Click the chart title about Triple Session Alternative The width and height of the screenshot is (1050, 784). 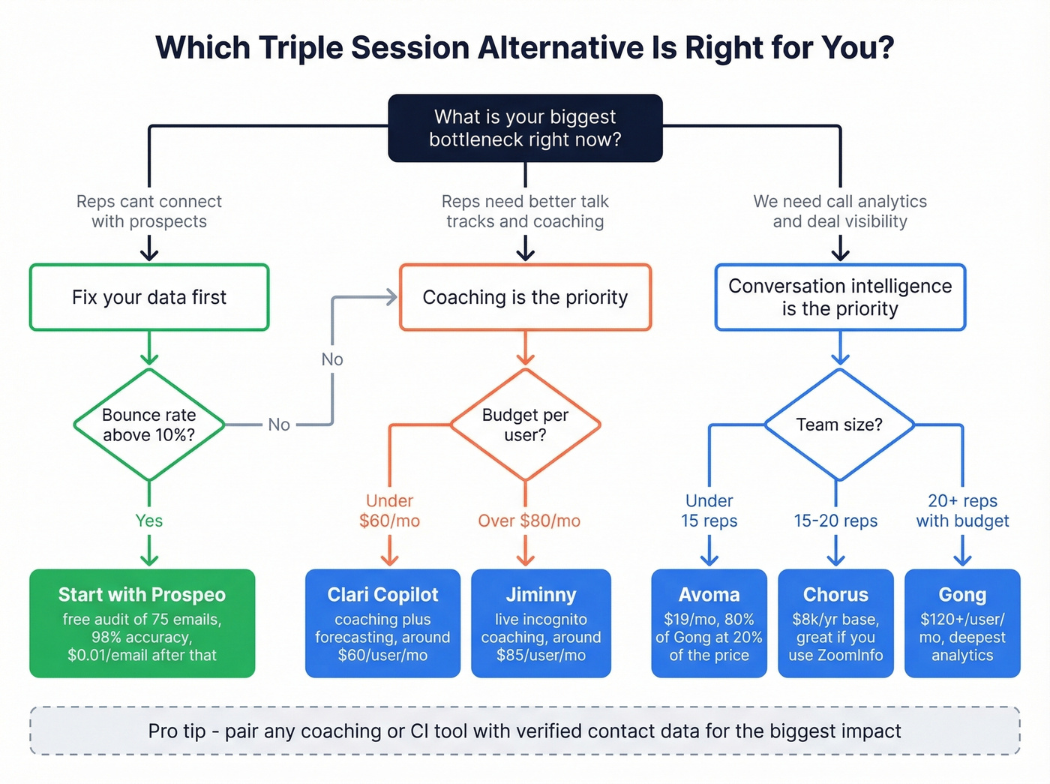pyautogui.click(x=525, y=48)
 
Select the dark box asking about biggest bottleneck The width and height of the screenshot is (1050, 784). pyautogui.click(x=525, y=128)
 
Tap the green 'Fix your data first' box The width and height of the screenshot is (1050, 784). pyautogui.click(x=149, y=297)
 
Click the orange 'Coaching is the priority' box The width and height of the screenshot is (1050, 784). pyautogui.click(x=525, y=297)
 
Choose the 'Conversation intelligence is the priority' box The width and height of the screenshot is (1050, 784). pyautogui.click(x=840, y=297)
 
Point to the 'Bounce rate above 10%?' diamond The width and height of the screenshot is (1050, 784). pyautogui.click(x=149, y=425)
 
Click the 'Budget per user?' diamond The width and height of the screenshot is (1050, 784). pyautogui.click(x=525, y=425)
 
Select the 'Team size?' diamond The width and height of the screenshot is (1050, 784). pyautogui.click(x=839, y=425)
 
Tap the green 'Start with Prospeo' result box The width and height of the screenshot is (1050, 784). pyautogui.click(x=142, y=623)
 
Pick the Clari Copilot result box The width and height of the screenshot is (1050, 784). pyautogui.click(x=382, y=623)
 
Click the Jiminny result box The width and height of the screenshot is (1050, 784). pyautogui.click(x=541, y=623)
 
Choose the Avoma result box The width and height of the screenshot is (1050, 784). pyautogui.click(x=709, y=623)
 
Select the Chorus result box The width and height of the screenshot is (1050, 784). pyautogui.click(x=835, y=623)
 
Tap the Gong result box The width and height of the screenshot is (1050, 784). pyautogui.click(x=962, y=623)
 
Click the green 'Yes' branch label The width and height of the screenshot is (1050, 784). pyautogui.click(x=149, y=521)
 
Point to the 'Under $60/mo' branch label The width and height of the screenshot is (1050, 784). pyautogui.click(x=389, y=511)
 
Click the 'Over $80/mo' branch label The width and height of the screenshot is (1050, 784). pyautogui.click(x=529, y=521)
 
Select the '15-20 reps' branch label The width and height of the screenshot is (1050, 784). pyautogui.click(x=835, y=521)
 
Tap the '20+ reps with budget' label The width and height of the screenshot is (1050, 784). pyautogui.click(x=962, y=511)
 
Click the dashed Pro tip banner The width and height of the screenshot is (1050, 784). pyautogui.click(x=525, y=731)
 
